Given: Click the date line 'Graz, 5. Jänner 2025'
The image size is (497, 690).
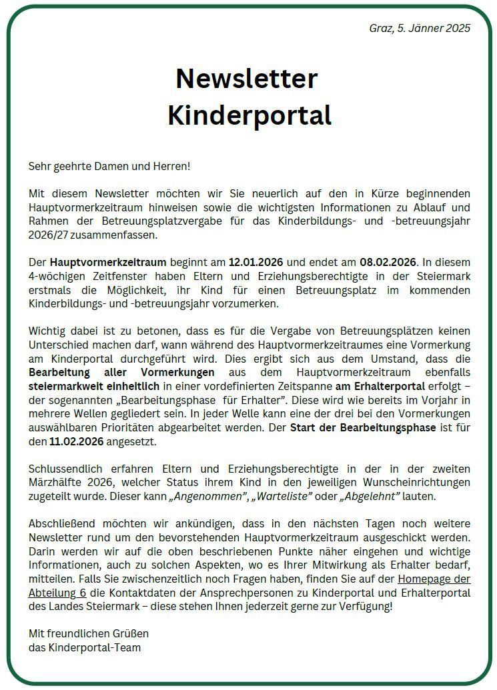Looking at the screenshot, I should (420, 28).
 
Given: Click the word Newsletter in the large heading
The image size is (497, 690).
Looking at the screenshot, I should (246, 79).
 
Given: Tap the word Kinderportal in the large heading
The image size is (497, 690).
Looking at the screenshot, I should (249, 115).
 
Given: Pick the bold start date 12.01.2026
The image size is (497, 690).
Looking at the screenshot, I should (257, 263).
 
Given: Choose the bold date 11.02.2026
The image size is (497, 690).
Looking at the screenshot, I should (77, 441).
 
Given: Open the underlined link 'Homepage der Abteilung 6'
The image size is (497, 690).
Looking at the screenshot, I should (434, 579).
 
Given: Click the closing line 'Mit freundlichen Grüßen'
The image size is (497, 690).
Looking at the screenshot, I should (88, 633).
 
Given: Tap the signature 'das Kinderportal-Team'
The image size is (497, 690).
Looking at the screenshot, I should (84, 647).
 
